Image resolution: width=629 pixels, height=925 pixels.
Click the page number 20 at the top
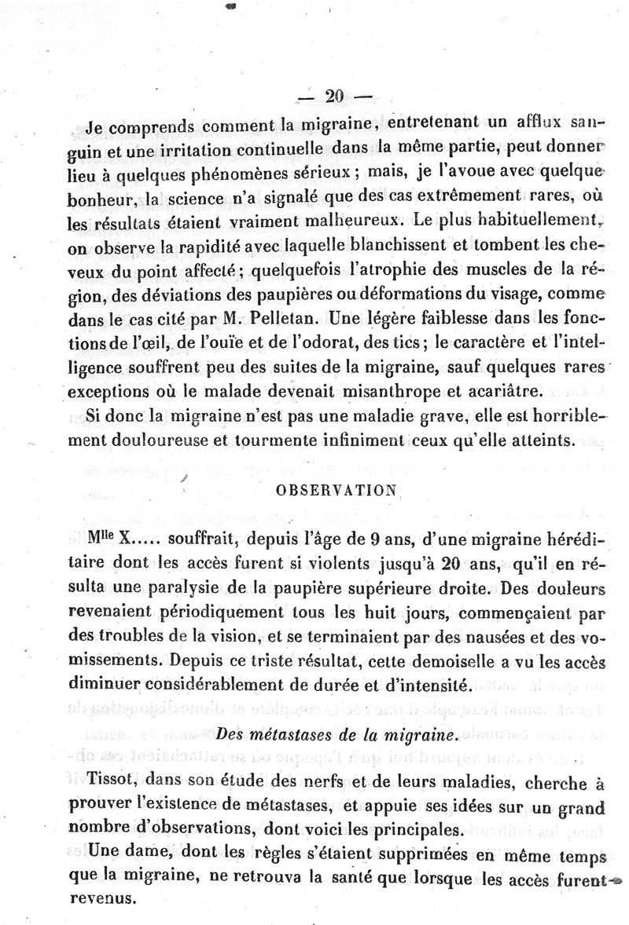pyautogui.click(x=333, y=97)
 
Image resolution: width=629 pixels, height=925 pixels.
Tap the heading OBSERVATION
pyautogui.click(x=337, y=490)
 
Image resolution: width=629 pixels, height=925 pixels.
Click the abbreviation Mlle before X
pyautogui.click(x=103, y=539)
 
